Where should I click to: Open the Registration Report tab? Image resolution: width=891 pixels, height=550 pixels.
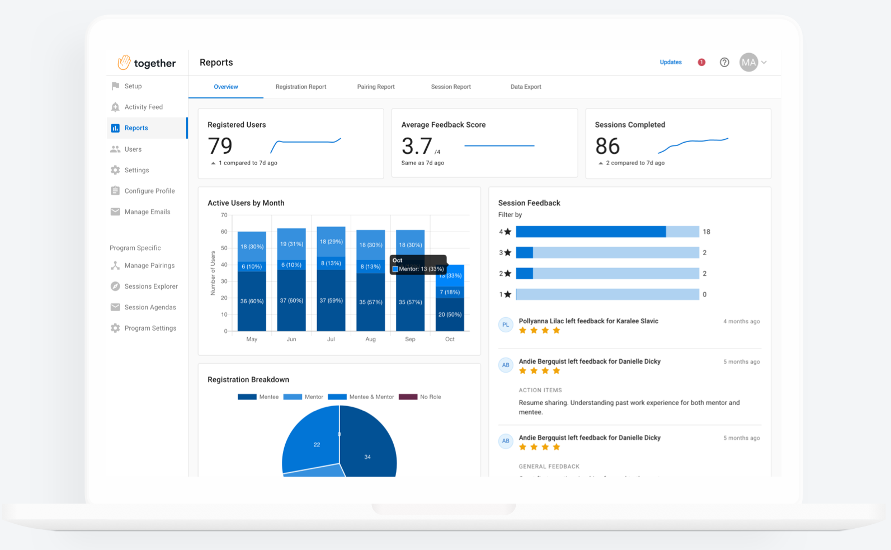[x=300, y=87]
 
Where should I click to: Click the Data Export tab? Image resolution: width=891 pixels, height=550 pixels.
[x=525, y=87]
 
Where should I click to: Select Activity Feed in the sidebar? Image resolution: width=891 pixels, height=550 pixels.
[x=143, y=107]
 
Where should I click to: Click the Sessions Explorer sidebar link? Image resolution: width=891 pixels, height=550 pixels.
[x=150, y=286]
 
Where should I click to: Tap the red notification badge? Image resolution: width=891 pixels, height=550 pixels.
[x=701, y=62]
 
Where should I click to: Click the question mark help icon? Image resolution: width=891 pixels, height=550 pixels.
[x=724, y=62]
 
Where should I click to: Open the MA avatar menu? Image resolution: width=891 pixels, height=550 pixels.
[x=749, y=62]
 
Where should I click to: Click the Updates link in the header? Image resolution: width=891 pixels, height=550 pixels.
[x=670, y=62]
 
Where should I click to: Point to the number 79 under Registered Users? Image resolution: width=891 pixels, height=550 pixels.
[x=220, y=146]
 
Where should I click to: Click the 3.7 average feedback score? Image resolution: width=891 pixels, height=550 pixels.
[x=417, y=147]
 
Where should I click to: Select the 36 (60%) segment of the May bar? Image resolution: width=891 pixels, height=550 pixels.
[x=252, y=301]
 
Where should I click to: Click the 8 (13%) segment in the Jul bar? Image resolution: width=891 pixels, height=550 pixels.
[x=331, y=263]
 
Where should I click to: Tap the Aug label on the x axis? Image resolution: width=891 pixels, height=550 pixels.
[x=370, y=339]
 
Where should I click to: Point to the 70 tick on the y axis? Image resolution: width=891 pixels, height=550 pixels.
[x=224, y=215]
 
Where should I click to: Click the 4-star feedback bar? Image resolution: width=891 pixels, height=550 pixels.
[x=607, y=232]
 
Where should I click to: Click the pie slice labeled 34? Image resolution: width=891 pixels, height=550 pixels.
[x=367, y=457]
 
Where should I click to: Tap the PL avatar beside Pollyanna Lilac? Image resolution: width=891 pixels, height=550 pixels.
[x=506, y=325]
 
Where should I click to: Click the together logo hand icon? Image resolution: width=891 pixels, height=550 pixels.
[x=124, y=63]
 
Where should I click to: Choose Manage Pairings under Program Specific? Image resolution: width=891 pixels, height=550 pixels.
[x=149, y=266]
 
